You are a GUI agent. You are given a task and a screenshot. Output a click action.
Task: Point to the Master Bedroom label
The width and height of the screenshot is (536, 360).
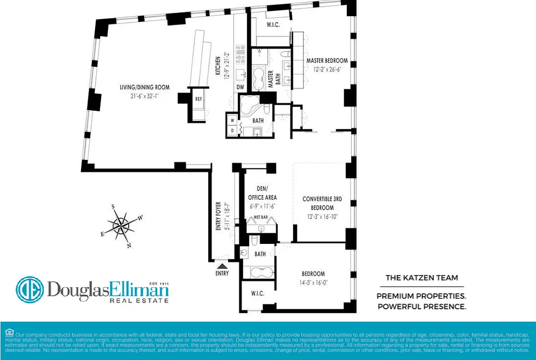point(327,61)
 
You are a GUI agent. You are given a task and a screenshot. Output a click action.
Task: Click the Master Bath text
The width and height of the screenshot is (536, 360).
point(271,80)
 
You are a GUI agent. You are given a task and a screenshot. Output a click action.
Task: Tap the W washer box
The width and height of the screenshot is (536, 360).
point(232,121)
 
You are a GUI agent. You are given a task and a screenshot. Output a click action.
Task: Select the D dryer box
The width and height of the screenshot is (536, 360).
point(232,130)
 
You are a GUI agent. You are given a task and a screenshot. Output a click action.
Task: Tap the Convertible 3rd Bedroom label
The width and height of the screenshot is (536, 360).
point(321,203)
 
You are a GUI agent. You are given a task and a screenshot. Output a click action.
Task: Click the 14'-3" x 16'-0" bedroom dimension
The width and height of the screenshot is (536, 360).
point(313,283)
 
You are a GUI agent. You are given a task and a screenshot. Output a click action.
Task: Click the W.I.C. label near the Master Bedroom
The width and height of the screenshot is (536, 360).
point(273,25)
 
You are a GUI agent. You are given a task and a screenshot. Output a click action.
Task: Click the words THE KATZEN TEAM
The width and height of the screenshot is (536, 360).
point(422,278)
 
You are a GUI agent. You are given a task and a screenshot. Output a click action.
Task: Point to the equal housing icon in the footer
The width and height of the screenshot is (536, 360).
point(9,332)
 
